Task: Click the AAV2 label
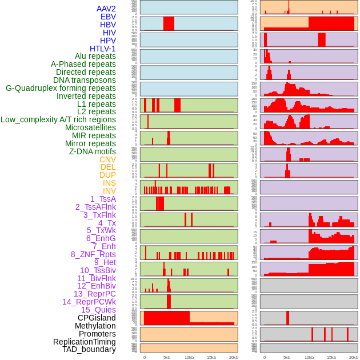tap(106, 9)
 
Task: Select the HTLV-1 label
tap(102, 49)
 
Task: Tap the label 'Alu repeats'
tap(95, 56)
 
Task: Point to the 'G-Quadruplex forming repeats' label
tap(61, 88)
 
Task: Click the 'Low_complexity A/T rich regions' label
tap(58, 119)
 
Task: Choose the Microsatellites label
tap(90, 127)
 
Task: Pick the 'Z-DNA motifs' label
tap(92, 151)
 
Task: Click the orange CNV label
tap(107, 159)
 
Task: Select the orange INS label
tap(109, 183)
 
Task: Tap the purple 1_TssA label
tap(103, 199)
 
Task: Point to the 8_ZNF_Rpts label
tap(93, 254)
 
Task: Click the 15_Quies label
tap(98, 310)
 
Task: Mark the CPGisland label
tap(97, 318)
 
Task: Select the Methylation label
tap(95, 326)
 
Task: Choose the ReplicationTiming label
tap(84, 342)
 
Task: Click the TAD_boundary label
tap(89, 349)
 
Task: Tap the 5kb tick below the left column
tap(167, 357)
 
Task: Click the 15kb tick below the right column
tap(331, 357)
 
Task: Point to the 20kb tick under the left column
tap(233, 357)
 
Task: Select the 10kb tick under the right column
tap(309, 357)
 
